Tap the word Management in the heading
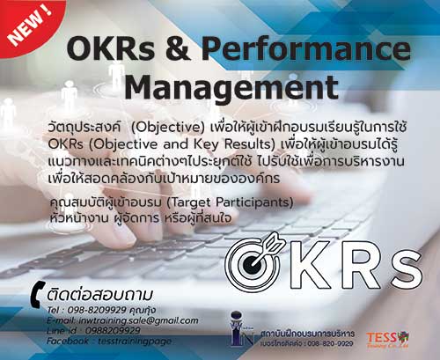tap(231, 87)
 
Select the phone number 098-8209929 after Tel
tap(94, 310)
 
